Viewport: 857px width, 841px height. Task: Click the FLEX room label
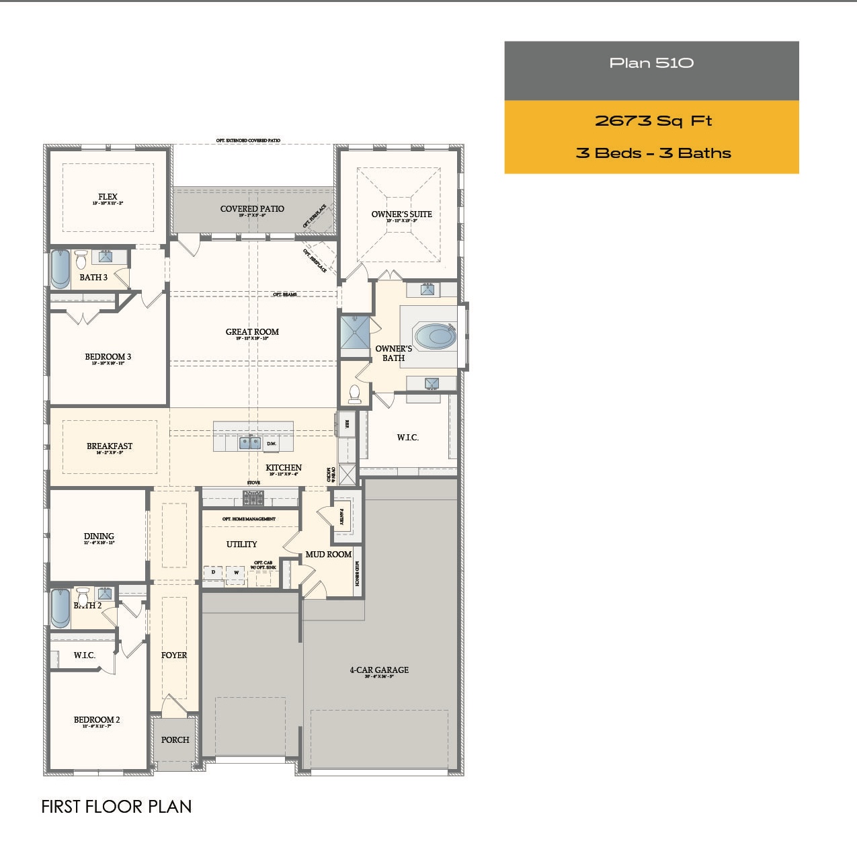108,197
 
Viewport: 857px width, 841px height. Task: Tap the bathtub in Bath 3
60,269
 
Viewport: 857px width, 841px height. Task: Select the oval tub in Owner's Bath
435,336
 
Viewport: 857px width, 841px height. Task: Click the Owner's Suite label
401,214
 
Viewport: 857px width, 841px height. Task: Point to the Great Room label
252,332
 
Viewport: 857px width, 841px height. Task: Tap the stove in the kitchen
253,497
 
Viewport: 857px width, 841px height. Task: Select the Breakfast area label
110,446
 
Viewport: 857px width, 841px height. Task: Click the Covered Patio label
252,209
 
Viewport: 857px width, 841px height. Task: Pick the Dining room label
99,536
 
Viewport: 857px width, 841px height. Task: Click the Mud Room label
328,555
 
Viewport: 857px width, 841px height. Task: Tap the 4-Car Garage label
379,670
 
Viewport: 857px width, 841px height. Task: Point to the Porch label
175,740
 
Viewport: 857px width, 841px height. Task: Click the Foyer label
174,655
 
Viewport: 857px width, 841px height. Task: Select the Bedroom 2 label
97,720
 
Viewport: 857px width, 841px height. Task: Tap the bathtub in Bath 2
60,608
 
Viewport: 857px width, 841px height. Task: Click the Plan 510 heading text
651,63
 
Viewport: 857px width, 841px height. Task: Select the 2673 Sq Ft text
653,121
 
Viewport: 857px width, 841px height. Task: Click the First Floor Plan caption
116,807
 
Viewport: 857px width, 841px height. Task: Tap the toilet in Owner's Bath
354,393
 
